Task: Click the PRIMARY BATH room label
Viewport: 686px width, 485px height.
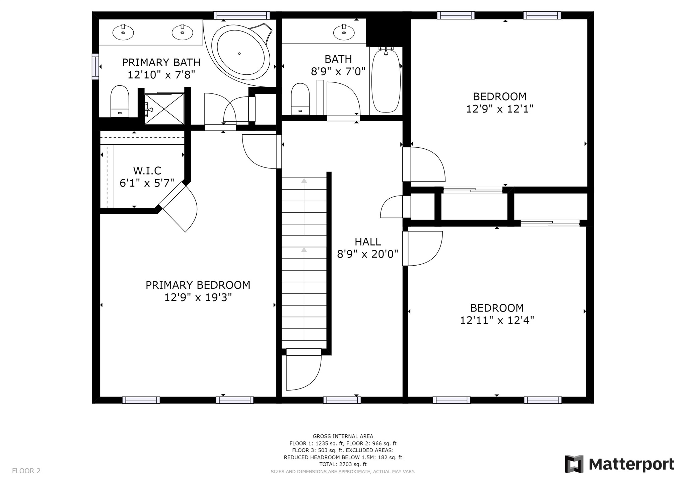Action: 161,62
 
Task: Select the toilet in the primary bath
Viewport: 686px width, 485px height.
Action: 120,101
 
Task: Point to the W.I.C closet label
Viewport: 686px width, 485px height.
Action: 147,170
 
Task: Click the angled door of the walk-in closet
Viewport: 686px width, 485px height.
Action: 178,207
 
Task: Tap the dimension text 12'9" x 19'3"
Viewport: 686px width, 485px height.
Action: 198,297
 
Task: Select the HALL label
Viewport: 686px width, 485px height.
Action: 367,241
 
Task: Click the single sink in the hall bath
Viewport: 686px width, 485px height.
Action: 344,32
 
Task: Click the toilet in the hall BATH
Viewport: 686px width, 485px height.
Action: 300,99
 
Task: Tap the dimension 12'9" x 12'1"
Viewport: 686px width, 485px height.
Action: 500,109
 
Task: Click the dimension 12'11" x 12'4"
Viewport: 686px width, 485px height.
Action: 497,320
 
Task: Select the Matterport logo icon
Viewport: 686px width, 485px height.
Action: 574,464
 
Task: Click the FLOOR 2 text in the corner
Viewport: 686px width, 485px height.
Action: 26,471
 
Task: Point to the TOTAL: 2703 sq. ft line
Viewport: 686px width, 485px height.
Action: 343,464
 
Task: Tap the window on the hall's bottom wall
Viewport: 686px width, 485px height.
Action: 342,400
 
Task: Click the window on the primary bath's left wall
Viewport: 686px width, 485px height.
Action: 95,66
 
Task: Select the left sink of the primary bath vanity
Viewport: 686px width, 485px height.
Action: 123,32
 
